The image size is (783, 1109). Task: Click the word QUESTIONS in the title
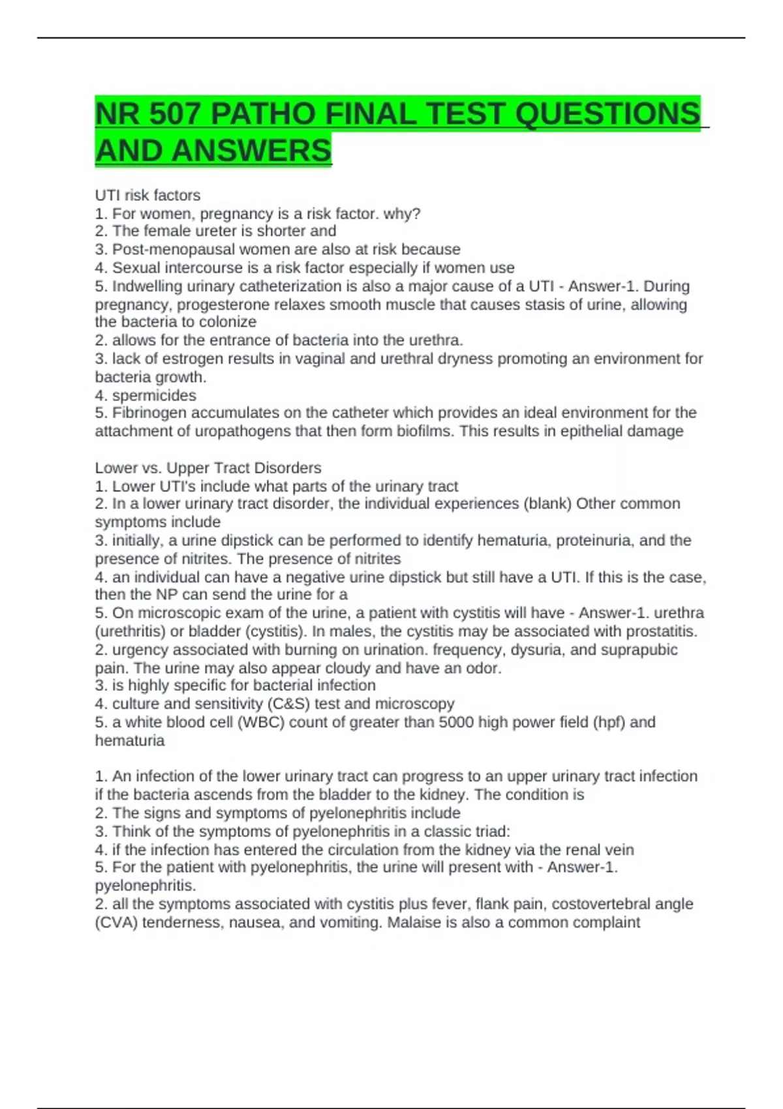(x=607, y=114)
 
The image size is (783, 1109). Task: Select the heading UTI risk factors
(x=147, y=195)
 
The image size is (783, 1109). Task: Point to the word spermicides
(x=154, y=395)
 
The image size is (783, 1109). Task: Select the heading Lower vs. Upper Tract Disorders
(x=208, y=468)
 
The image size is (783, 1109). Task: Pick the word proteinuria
(x=595, y=540)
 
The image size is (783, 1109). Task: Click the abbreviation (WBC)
(x=260, y=722)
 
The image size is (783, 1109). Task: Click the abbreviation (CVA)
(x=116, y=922)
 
